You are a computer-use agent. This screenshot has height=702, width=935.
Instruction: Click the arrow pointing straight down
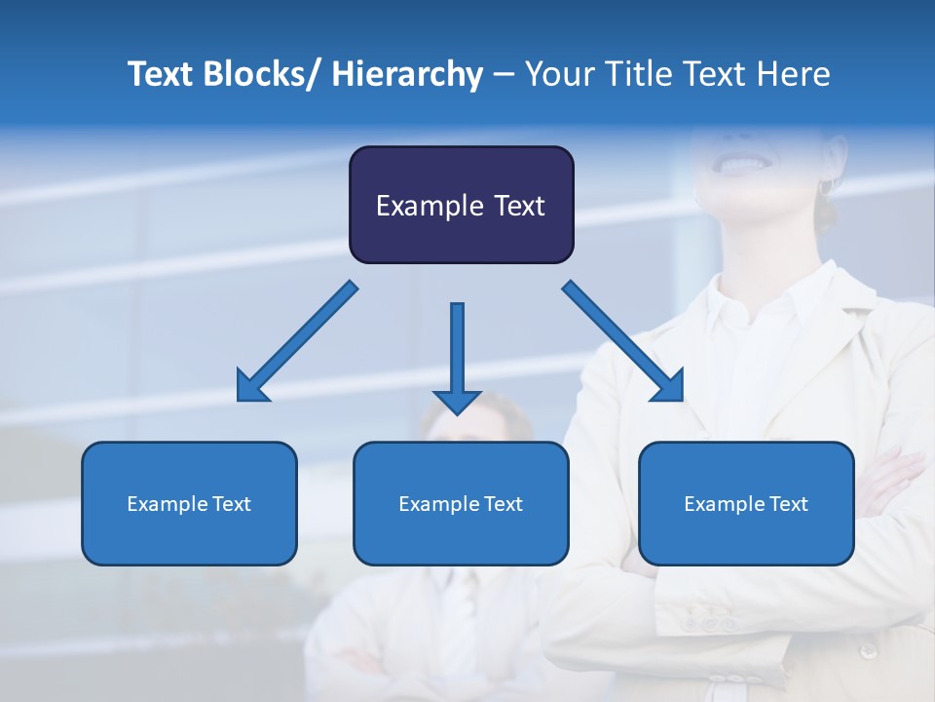(457, 356)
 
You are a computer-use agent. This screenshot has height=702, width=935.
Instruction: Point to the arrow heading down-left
(297, 341)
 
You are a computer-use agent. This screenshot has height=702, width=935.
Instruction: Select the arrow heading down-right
(623, 341)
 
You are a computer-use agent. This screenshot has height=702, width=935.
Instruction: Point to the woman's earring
(826, 184)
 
